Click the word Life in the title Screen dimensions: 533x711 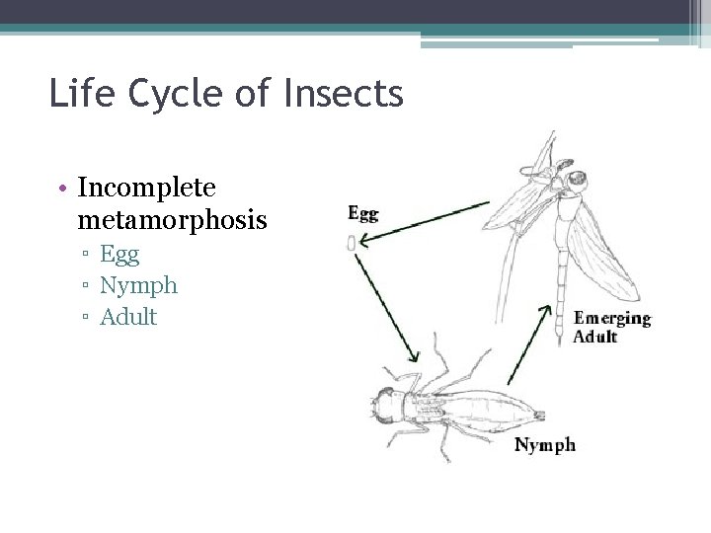[x=80, y=94]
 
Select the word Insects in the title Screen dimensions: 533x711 [x=344, y=94]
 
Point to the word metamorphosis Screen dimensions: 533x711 [x=172, y=219]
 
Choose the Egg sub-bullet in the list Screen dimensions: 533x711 [x=119, y=254]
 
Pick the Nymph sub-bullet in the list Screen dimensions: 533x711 [x=138, y=285]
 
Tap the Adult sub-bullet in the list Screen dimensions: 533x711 [x=128, y=317]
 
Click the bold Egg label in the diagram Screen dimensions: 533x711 [x=362, y=212]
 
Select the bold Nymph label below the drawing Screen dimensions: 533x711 [x=545, y=445]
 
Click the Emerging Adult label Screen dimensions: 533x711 [x=612, y=327]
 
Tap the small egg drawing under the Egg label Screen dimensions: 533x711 [x=352, y=244]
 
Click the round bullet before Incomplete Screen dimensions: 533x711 [x=63, y=187]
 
